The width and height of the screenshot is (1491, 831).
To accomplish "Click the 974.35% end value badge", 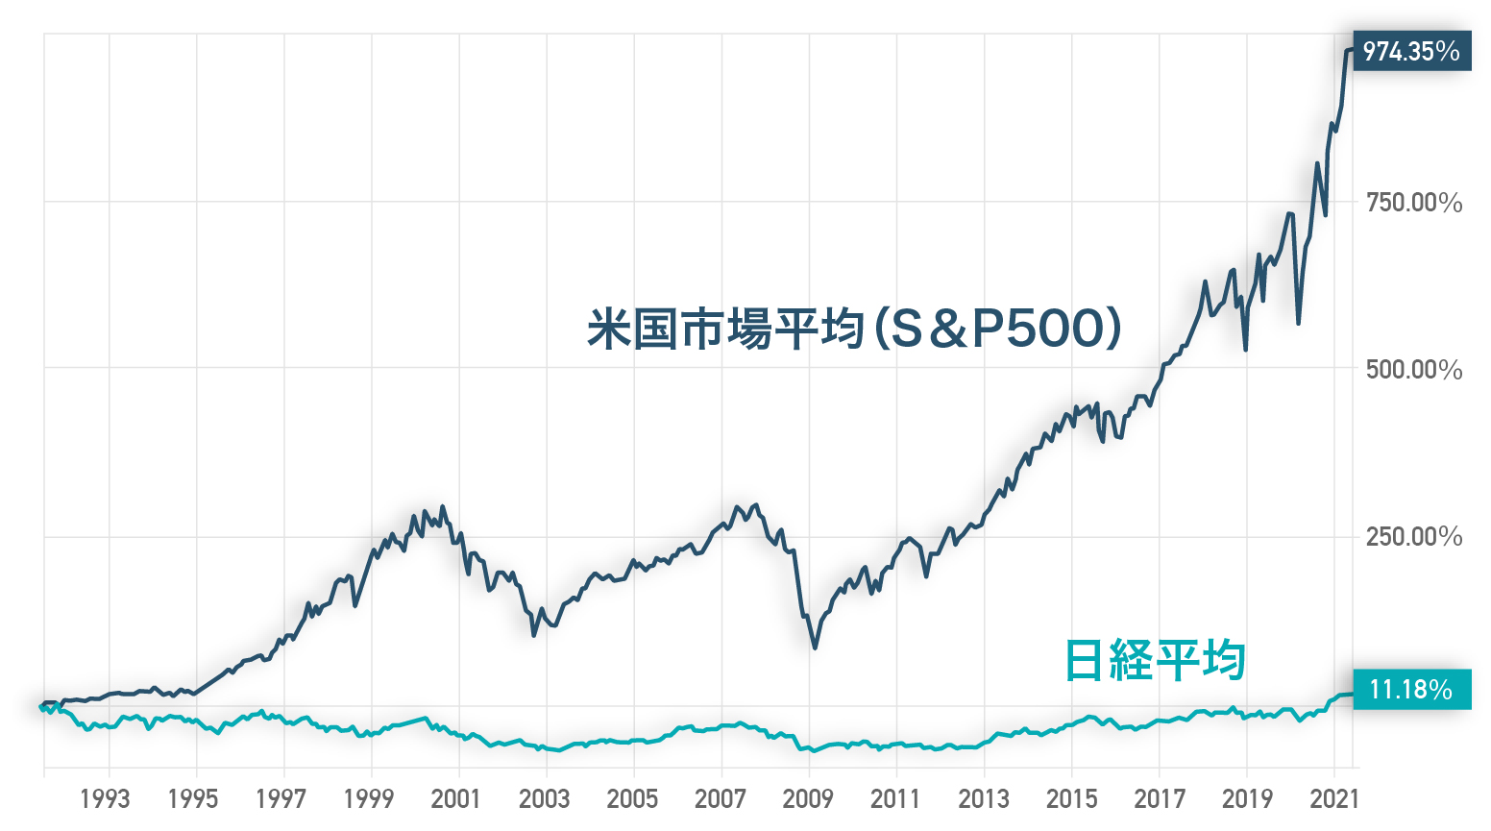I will [1411, 51].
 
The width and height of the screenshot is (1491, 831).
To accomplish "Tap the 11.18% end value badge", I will [1410, 689].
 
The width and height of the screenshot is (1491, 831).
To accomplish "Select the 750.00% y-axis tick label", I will [1413, 203].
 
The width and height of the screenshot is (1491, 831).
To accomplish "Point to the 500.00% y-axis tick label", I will [1413, 370].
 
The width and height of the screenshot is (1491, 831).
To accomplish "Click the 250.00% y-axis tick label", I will [1413, 536].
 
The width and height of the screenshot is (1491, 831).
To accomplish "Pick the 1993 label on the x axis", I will [105, 798].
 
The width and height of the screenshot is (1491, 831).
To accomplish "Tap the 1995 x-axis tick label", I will [192, 798].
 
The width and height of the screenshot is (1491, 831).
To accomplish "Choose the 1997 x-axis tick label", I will [281, 798].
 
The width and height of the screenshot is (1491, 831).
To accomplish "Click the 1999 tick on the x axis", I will [368, 798].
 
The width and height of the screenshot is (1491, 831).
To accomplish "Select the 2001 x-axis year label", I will [455, 798].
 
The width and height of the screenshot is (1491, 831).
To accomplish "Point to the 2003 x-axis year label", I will [544, 798].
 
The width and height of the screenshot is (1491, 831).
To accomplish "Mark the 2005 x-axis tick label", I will [632, 798].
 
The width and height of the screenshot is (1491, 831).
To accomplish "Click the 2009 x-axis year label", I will [807, 798].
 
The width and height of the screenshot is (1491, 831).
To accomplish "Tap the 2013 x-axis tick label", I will [983, 798].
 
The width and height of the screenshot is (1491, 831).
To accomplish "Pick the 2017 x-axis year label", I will [1159, 798].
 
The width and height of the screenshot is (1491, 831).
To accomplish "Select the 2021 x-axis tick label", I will [1334, 798].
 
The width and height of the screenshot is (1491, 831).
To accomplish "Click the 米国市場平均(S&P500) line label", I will [854, 330].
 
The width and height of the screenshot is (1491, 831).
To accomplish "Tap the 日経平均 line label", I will [1155, 660].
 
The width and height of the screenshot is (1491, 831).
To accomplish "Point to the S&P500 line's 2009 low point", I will [815, 648].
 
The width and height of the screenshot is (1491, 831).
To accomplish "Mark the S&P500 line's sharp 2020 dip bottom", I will [1299, 323].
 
